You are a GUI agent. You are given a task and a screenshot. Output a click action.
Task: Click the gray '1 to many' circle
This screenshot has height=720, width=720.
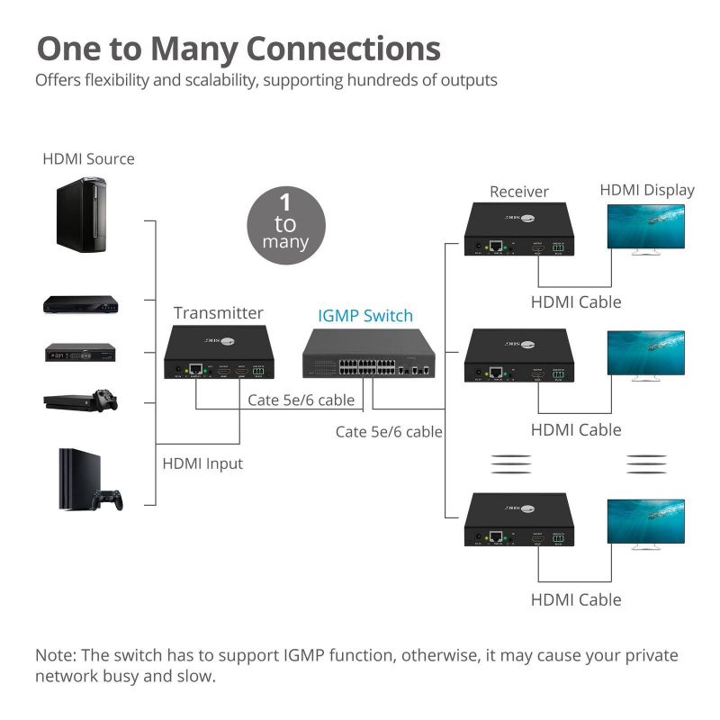point(285,225)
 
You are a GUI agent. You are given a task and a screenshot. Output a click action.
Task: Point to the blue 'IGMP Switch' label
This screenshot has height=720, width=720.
point(365,316)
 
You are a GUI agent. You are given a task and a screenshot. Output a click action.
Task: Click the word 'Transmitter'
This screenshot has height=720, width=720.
point(218,313)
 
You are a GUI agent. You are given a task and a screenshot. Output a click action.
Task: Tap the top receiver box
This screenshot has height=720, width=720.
point(519,230)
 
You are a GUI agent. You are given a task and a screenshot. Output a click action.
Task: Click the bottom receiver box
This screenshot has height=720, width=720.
point(519,519)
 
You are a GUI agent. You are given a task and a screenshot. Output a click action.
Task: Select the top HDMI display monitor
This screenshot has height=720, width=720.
point(644,229)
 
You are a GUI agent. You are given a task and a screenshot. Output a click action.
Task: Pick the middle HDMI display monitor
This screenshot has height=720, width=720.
point(644,355)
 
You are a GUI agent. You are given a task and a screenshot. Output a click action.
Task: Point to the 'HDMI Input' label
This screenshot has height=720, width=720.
point(202,464)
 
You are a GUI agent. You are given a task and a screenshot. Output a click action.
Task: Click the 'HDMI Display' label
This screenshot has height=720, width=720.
point(647,190)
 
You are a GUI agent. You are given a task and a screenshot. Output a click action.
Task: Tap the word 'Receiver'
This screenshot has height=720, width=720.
point(519,192)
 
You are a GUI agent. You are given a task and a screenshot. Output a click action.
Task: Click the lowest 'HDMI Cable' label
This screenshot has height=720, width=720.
point(576,599)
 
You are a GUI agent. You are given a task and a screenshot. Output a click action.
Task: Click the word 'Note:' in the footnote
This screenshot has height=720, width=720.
point(56,655)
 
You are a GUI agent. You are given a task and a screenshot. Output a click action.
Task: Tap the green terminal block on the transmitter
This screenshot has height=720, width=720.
point(259,370)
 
